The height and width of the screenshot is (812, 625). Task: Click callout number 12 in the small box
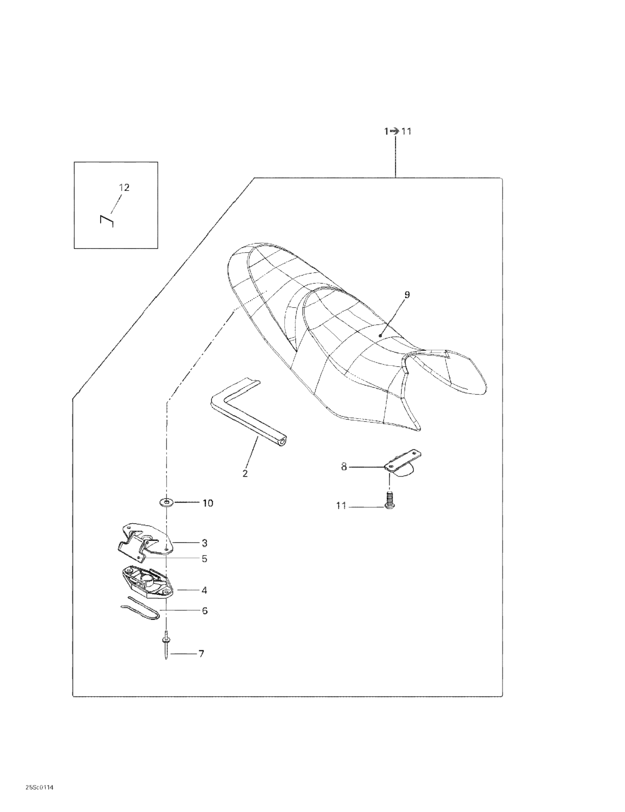(x=124, y=188)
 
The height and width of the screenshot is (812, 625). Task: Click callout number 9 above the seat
(x=407, y=295)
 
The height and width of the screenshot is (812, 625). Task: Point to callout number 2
(x=245, y=474)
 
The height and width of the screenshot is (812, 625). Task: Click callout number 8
(x=344, y=466)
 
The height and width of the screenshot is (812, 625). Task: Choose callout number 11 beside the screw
(x=341, y=506)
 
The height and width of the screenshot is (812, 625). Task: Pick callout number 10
(x=207, y=503)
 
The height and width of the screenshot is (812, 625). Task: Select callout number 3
(x=205, y=543)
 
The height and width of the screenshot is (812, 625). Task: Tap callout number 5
(x=205, y=559)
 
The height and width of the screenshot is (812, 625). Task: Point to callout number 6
(x=205, y=611)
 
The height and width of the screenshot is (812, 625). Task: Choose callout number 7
(x=201, y=653)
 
